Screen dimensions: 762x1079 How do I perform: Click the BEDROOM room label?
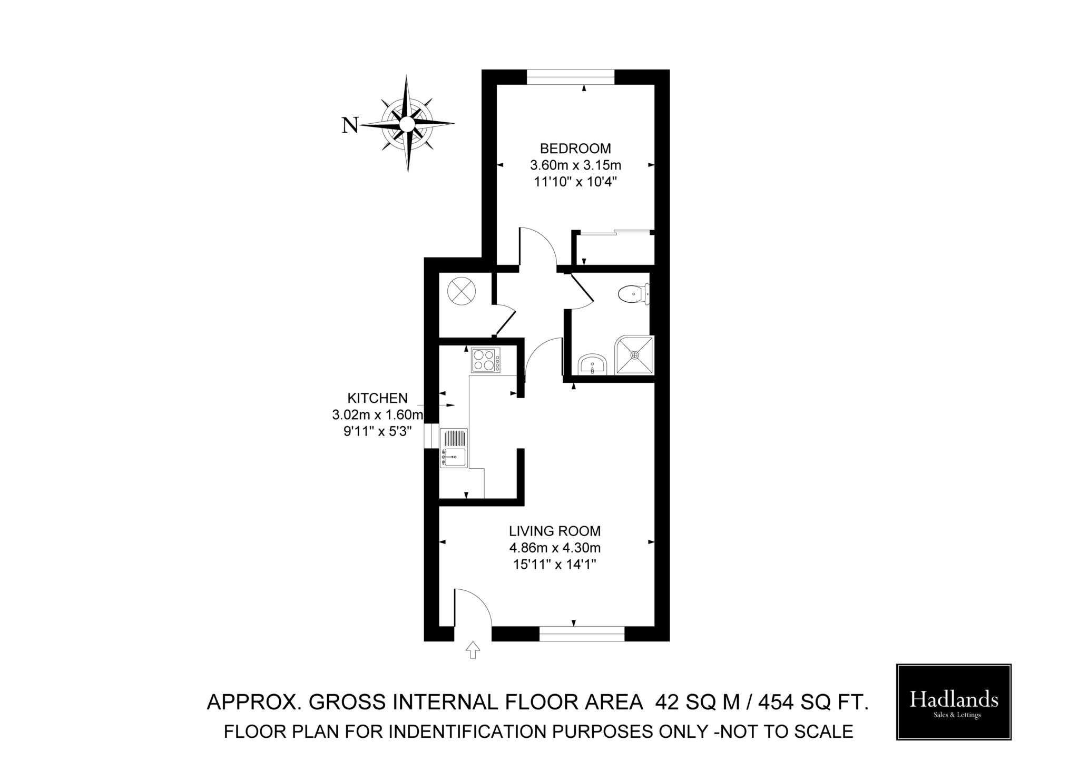click(x=575, y=149)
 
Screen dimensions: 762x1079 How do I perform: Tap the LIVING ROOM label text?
click(x=554, y=531)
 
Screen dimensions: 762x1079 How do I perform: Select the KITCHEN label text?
click(x=377, y=398)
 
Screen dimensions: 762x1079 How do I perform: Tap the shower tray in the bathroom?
click(x=634, y=355)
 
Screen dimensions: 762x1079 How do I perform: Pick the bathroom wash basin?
click(x=593, y=364)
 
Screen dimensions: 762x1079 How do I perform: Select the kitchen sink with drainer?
click(x=454, y=448)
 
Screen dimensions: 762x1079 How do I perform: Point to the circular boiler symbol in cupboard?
click(x=462, y=291)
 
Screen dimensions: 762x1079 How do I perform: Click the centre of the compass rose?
click(x=406, y=124)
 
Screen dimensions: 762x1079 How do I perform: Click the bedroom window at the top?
click(x=571, y=77)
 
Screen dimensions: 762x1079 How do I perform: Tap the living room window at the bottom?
click(x=582, y=634)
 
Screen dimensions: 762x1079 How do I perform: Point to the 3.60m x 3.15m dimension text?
click(x=575, y=165)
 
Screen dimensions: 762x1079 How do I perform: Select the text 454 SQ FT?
click(x=813, y=702)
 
